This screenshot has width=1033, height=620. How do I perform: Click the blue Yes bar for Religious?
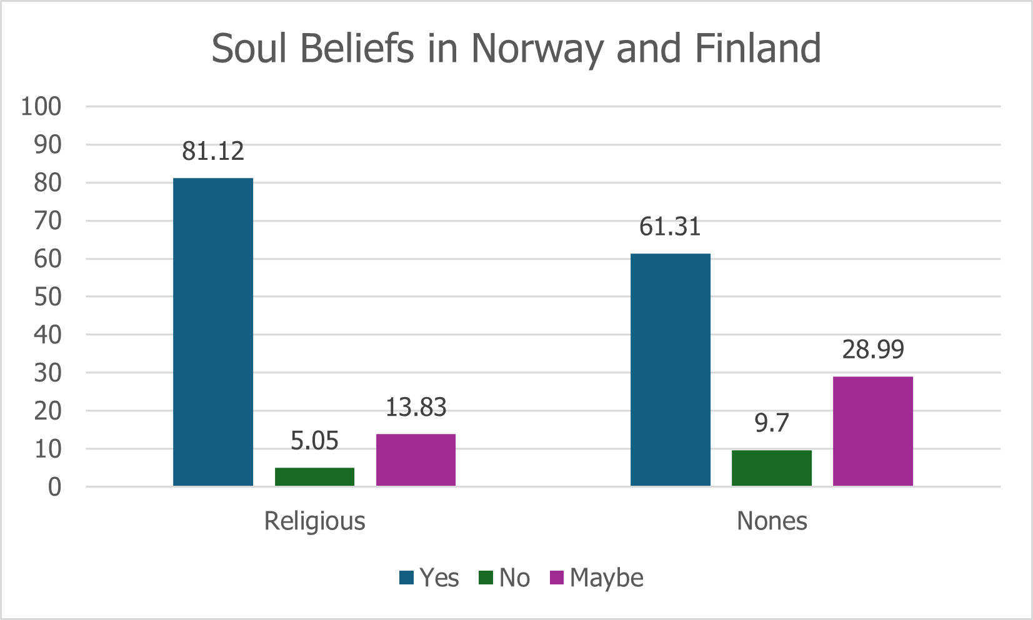(x=213, y=332)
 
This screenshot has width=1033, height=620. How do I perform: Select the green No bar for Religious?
(x=314, y=476)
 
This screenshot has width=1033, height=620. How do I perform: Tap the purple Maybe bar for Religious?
(x=416, y=460)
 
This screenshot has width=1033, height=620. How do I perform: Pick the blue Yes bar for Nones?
(x=670, y=370)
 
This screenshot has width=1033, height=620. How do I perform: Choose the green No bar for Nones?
(x=771, y=468)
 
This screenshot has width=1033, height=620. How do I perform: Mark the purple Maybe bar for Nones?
(x=872, y=431)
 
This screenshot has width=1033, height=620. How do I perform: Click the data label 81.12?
(x=213, y=151)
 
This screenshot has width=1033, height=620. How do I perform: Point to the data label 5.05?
(x=314, y=441)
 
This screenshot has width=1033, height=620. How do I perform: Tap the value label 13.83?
(x=416, y=408)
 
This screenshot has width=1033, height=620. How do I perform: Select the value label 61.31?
(x=670, y=227)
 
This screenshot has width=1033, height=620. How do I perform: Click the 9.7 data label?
(x=771, y=423)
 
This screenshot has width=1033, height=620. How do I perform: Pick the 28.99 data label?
(x=872, y=350)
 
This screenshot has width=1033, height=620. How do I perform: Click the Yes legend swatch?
(x=407, y=578)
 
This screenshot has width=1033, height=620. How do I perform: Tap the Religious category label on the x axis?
(x=314, y=521)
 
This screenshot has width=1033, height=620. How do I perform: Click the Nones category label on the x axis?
(x=772, y=521)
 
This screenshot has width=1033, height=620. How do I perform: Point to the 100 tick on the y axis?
(x=41, y=107)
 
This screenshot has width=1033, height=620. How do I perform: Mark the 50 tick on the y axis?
(x=47, y=297)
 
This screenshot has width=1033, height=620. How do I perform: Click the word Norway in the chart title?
(x=537, y=49)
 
